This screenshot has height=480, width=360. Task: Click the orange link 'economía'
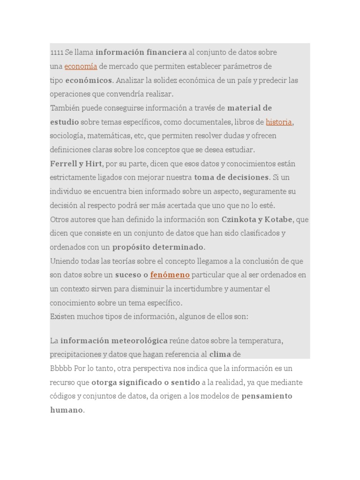pyautogui.click(x=81, y=66)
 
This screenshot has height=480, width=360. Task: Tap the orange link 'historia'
pyautogui.click(x=279, y=122)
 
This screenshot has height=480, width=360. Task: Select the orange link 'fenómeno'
pyautogui.click(x=170, y=275)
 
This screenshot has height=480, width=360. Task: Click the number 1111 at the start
pyautogui.click(x=57, y=52)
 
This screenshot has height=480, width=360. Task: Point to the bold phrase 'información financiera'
pyautogui.click(x=141, y=52)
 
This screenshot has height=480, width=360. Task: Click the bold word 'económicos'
pyautogui.click(x=89, y=80)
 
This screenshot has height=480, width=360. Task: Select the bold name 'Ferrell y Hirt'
pyautogui.click(x=75, y=164)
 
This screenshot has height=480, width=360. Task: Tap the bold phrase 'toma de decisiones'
pyautogui.click(x=232, y=178)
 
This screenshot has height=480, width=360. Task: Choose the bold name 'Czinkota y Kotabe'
pyautogui.click(x=257, y=219)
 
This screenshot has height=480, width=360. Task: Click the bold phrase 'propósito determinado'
pyautogui.click(x=157, y=247)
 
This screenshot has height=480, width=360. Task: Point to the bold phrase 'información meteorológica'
pyautogui.click(x=114, y=340)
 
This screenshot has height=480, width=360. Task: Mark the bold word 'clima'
pyautogui.click(x=220, y=354)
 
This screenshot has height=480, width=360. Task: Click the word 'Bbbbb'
pyautogui.click(x=61, y=368)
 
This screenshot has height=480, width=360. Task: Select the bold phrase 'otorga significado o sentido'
pyautogui.click(x=145, y=382)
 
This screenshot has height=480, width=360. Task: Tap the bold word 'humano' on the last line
pyautogui.click(x=66, y=410)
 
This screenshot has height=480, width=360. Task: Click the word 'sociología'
pyautogui.click(x=67, y=136)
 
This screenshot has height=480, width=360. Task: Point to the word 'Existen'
pyautogui.click(x=62, y=316)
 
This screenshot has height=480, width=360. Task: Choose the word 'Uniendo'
pyautogui.click(x=65, y=261)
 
